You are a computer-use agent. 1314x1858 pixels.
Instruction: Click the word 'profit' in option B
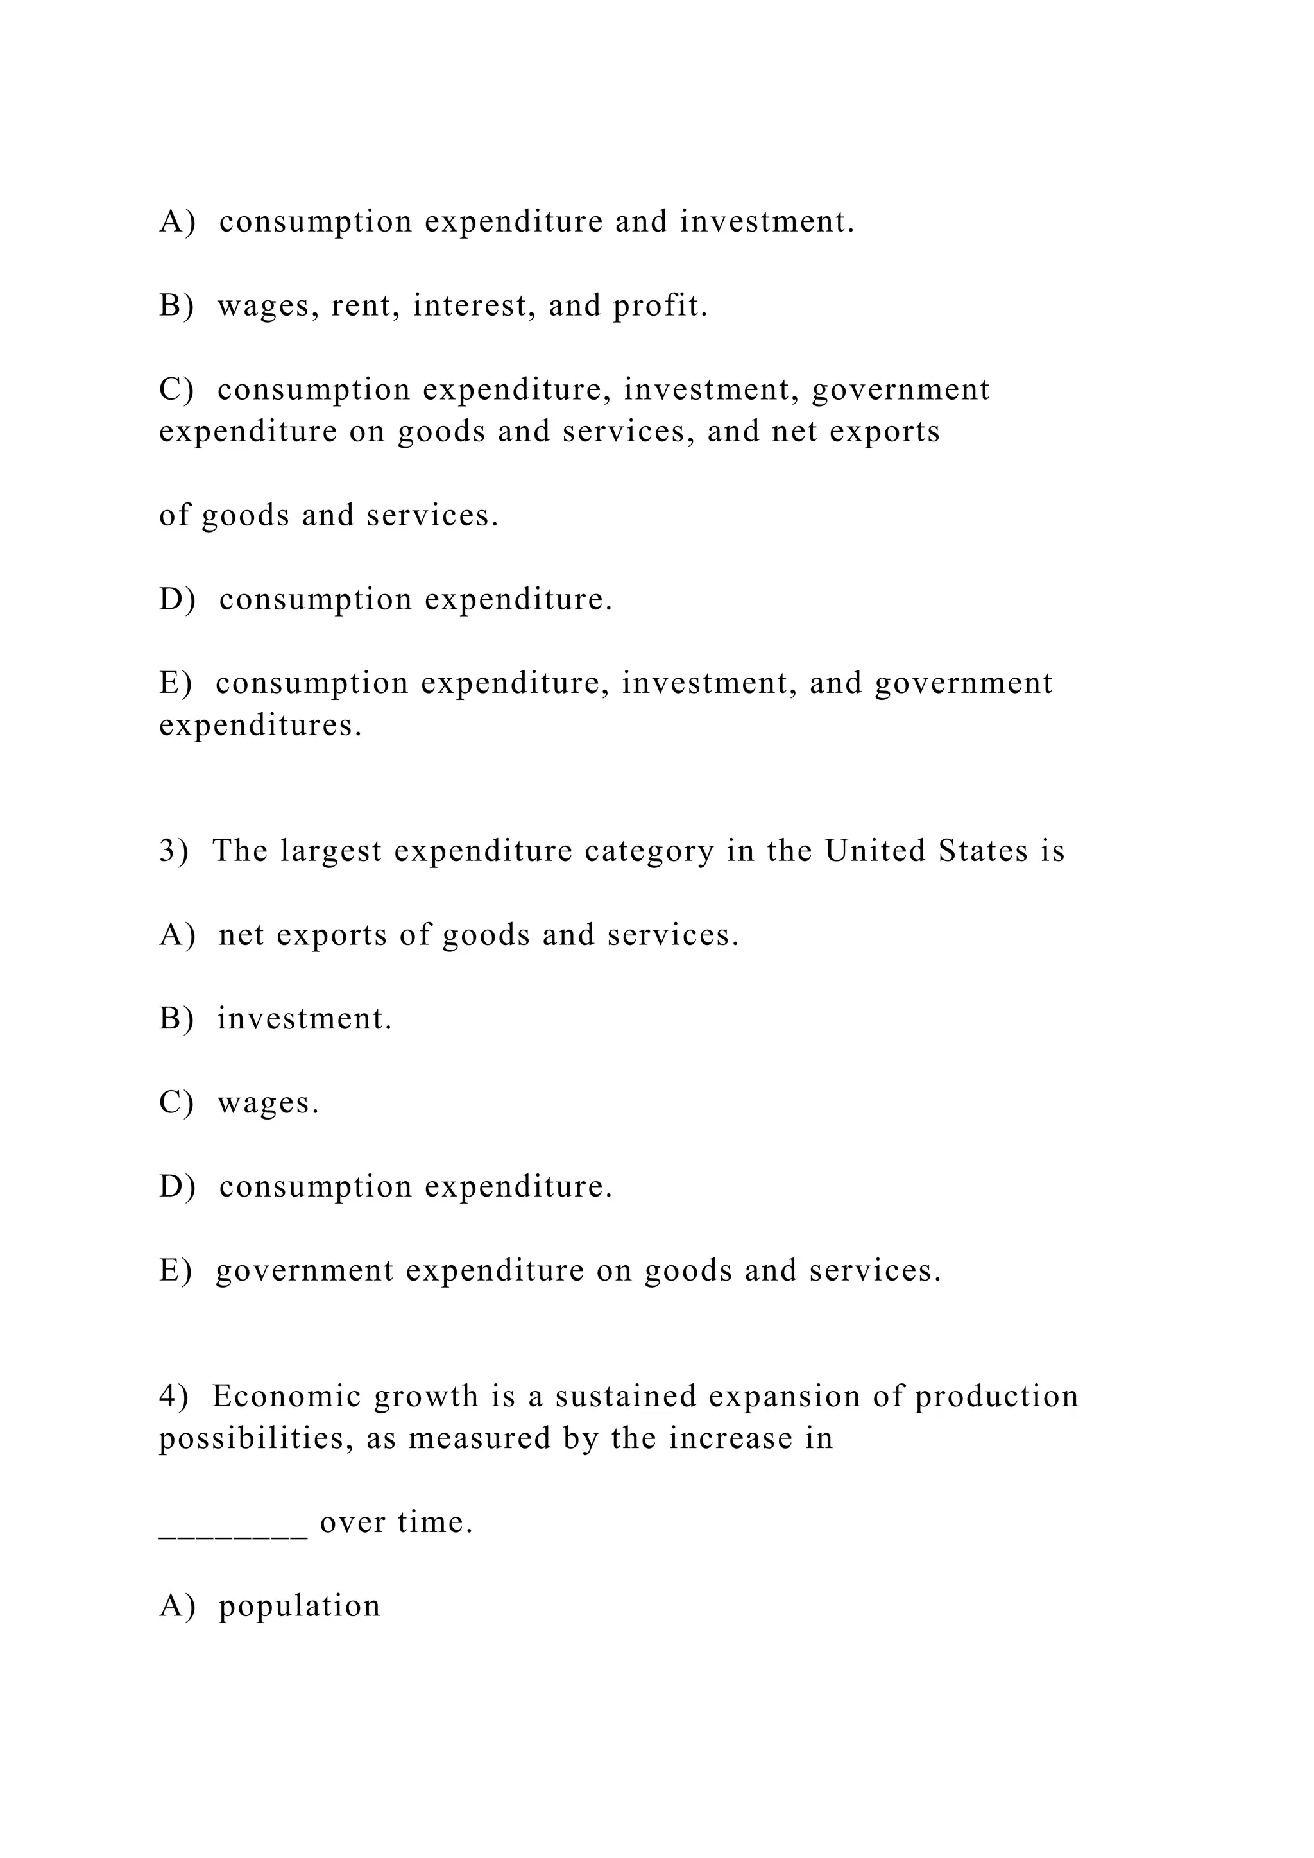point(660,306)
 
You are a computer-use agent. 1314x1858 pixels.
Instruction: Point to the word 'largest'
point(331,851)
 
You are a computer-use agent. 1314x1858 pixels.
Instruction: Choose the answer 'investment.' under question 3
point(304,1019)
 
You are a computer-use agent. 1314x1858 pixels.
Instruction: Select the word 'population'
point(300,1607)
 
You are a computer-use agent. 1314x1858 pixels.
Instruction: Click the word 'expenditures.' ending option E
point(260,725)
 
